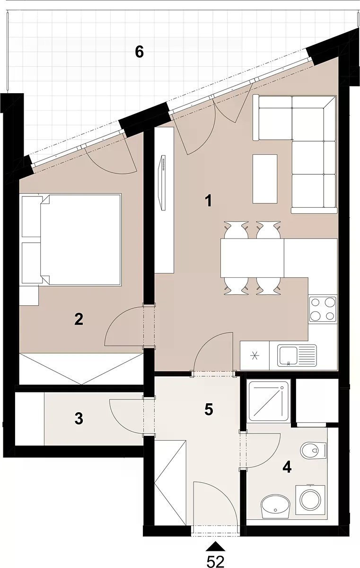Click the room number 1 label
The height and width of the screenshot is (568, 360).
click(208, 201)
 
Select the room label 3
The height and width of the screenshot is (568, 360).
click(79, 418)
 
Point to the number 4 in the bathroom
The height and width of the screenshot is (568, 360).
click(287, 467)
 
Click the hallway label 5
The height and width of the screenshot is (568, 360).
click(208, 410)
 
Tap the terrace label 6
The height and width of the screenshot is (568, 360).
click(140, 53)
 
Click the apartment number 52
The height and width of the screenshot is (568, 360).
click(215, 561)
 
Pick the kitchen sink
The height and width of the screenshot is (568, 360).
click(297, 355)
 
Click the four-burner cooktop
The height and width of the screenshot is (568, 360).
click(323, 309)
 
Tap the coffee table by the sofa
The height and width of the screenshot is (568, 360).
click(265, 179)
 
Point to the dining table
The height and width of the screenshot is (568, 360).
click(252, 258)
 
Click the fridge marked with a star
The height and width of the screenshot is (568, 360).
click(255, 355)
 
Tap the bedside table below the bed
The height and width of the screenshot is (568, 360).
click(29, 295)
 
